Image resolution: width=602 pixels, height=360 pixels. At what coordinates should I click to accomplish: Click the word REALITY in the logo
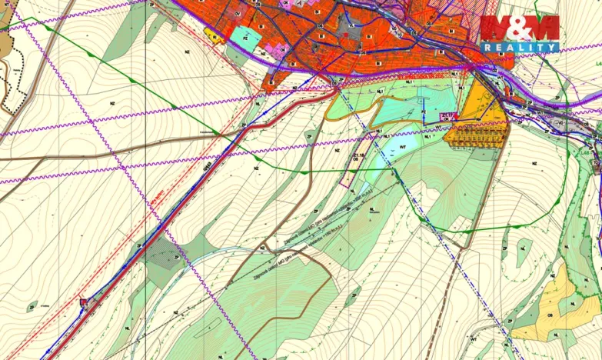click(521, 48)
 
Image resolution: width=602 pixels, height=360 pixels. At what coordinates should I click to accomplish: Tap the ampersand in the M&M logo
click(520, 28)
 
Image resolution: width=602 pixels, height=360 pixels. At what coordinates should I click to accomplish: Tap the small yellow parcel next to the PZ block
click(213, 35)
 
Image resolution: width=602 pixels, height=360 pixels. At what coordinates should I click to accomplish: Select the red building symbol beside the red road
click(84, 303)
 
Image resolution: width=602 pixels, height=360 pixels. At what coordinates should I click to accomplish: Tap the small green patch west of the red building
click(32, 307)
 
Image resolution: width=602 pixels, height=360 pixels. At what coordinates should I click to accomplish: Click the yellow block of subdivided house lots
click(477, 135)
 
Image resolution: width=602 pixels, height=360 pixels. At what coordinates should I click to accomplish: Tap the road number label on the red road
click(208, 164)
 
